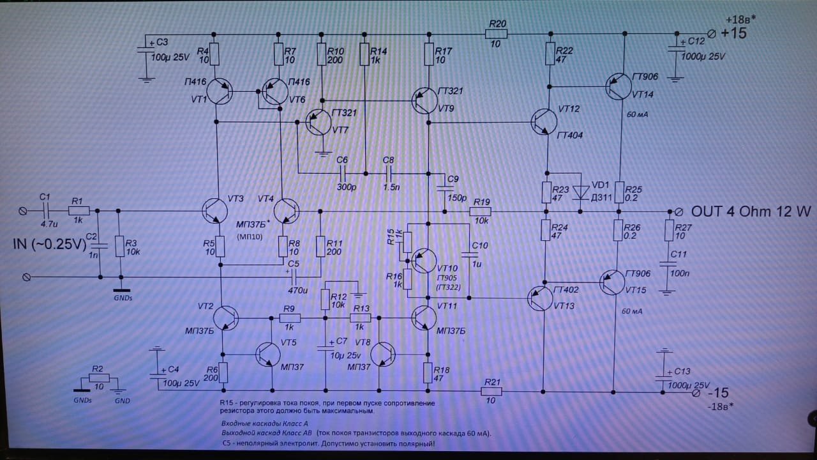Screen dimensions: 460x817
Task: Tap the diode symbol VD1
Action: (x=581, y=191)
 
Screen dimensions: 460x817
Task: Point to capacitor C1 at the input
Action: (x=45, y=210)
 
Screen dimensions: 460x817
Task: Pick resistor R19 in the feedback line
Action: (x=481, y=211)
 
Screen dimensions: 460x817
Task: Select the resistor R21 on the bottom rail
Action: (x=491, y=390)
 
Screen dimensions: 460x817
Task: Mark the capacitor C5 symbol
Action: (x=294, y=277)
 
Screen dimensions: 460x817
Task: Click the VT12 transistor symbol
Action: (x=544, y=121)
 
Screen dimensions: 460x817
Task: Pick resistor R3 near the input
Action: (x=119, y=245)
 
